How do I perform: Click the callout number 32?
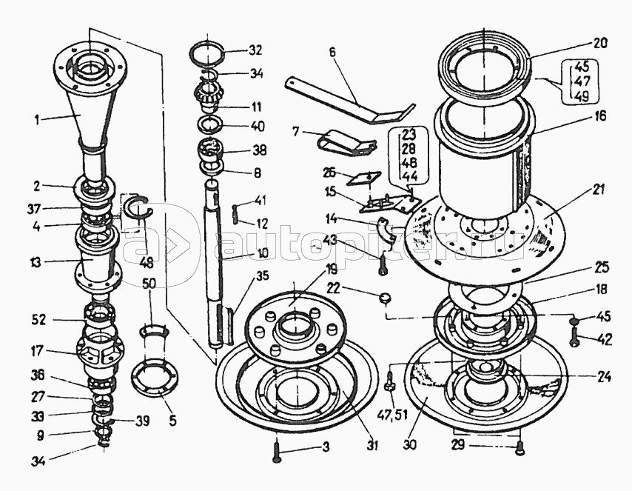[x=255, y=50]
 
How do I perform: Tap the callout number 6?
[x=332, y=53]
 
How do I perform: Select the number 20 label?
[x=599, y=43]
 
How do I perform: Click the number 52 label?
[x=40, y=319]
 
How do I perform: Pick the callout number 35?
[x=263, y=277]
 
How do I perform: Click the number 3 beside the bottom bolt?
[x=326, y=447]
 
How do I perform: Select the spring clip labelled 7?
[x=346, y=142]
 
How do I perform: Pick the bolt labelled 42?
[x=575, y=336]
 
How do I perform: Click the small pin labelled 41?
[x=236, y=208]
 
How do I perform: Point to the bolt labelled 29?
[x=520, y=450]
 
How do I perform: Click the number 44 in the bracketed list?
[x=409, y=176]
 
